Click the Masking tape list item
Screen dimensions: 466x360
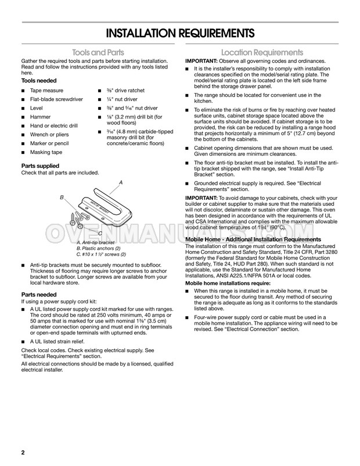point(46,153)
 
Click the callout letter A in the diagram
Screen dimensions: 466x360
point(120,182)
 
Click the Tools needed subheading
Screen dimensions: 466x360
point(40,81)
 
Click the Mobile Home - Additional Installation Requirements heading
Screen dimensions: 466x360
point(253,239)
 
